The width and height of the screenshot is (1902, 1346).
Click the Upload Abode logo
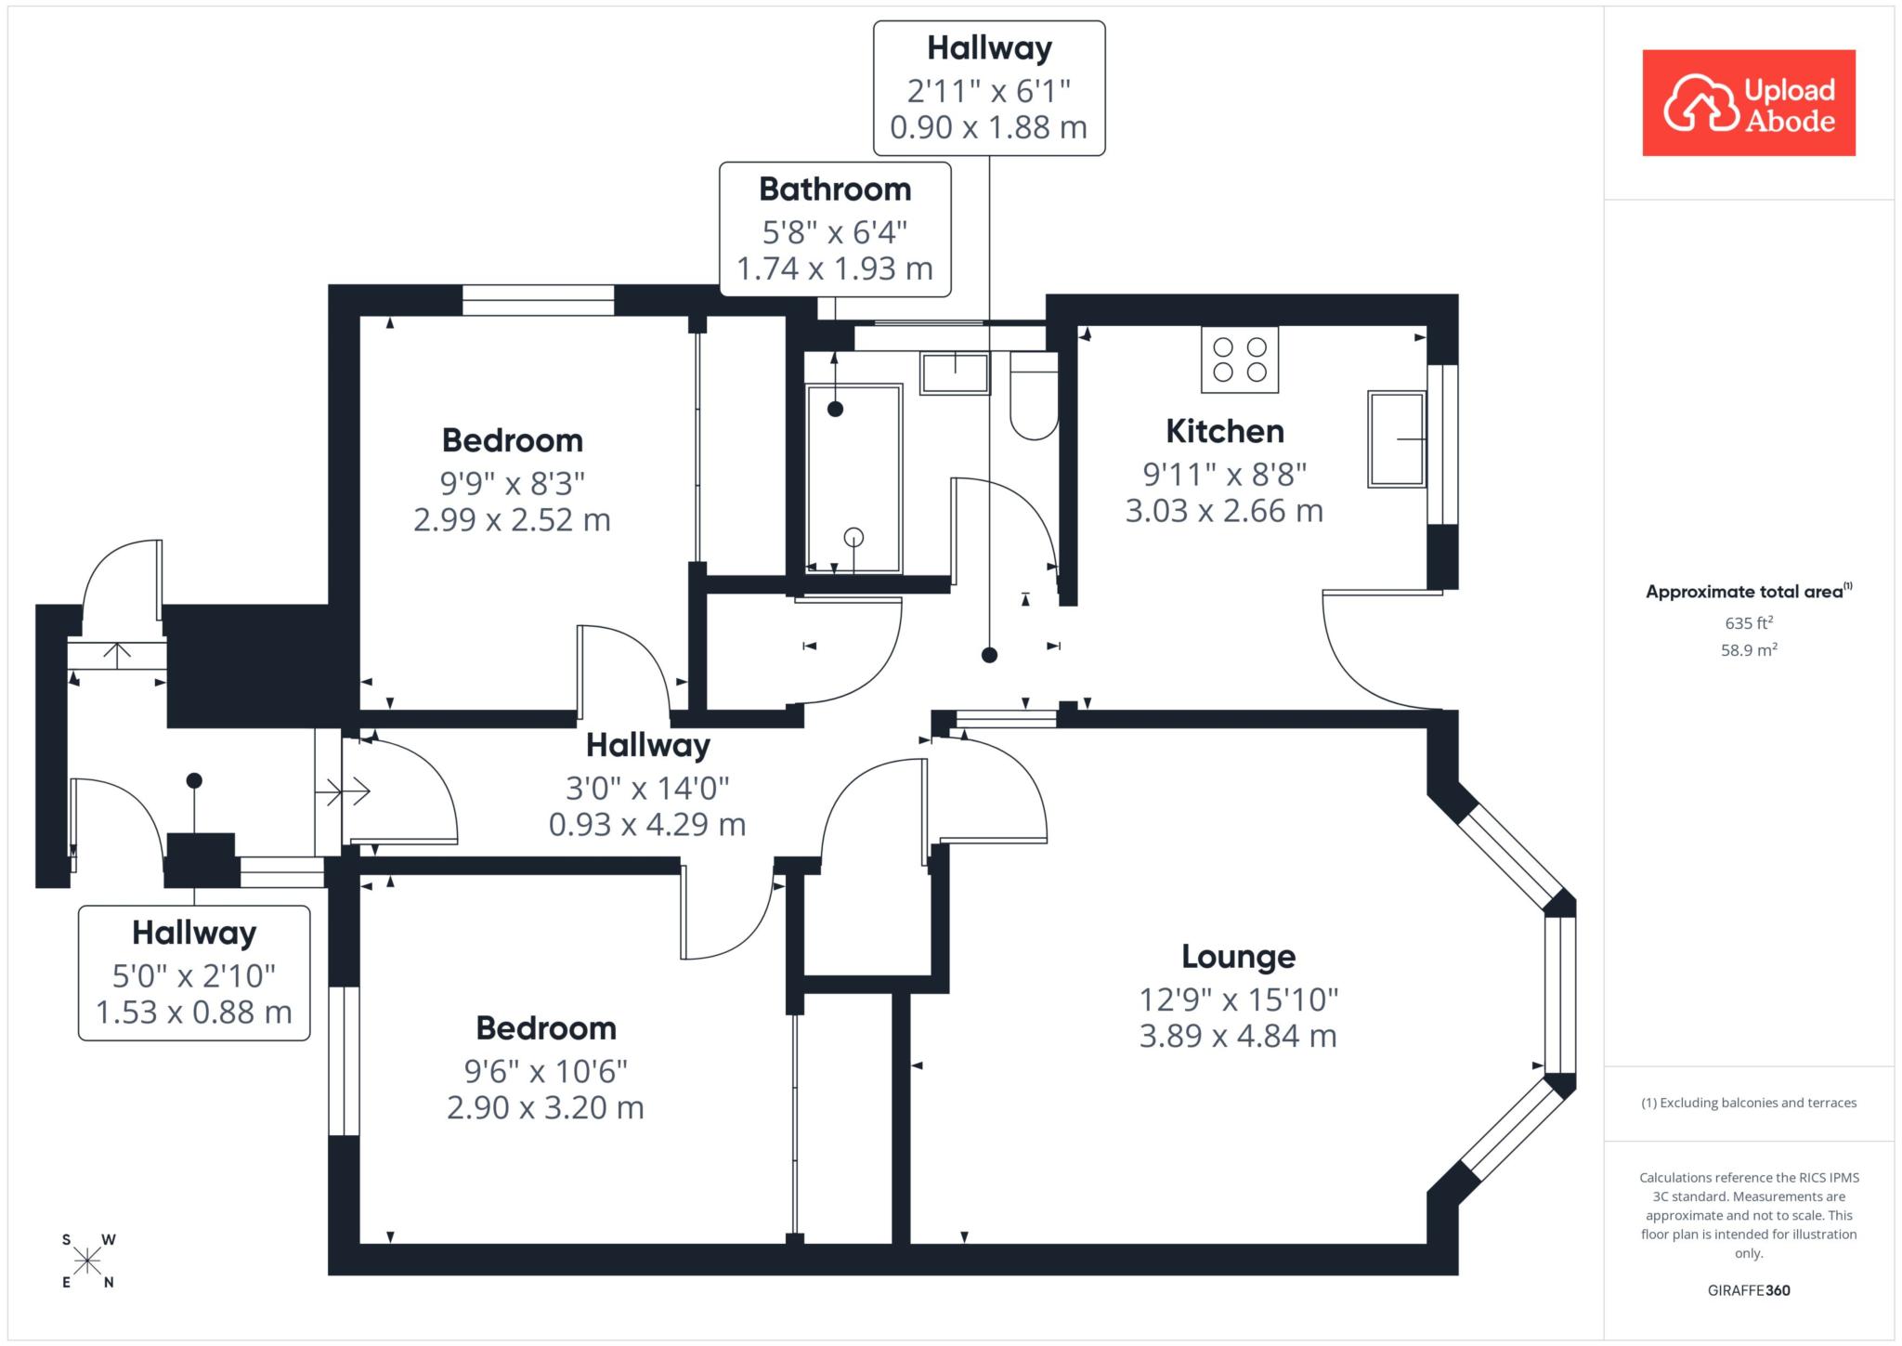click(x=1749, y=102)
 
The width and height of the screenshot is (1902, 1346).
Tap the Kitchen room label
click(x=1224, y=431)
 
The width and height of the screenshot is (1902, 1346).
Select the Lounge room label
click(x=1238, y=956)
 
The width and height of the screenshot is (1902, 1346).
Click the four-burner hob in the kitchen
click(x=1240, y=359)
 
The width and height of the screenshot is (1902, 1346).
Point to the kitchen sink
click(x=1397, y=439)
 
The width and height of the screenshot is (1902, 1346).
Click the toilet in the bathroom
click(x=1034, y=395)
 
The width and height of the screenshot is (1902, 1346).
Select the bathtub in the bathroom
click(x=853, y=479)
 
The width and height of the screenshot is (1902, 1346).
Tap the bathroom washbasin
click(x=955, y=372)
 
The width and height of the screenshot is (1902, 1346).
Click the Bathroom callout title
click(x=835, y=189)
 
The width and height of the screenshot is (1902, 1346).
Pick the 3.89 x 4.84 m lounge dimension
click(x=1238, y=1036)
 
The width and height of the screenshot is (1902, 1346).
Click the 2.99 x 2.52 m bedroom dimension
click(x=512, y=519)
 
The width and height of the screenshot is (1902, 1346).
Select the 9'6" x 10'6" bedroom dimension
click(x=546, y=1071)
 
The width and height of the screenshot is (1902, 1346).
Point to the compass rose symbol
click(x=88, y=1261)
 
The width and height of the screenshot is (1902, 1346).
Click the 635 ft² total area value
click(x=1749, y=622)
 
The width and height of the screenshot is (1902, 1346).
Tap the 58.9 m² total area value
click(x=1749, y=649)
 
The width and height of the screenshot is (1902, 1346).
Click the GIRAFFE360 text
click(x=1749, y=1290)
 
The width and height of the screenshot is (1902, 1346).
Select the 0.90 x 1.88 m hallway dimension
click(x=989, y=127)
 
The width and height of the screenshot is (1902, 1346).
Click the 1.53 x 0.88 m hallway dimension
click(x=194, y=1012)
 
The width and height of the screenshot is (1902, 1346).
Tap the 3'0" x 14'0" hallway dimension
click(x=647, y=789)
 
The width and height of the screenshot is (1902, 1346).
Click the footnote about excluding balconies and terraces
click(x=1749, y=1103)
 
